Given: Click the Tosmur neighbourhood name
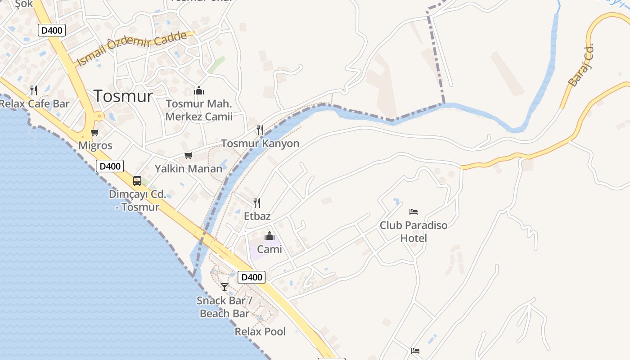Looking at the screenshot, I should click(x=123, y=96).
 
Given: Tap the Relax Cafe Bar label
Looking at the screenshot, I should click(x=34, y=104).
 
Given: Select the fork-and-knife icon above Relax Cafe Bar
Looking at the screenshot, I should click(x=33, y=90).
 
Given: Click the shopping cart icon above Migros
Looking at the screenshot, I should click(x=94, y=133).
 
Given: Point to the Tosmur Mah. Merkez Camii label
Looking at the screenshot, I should click(x=199, y=110).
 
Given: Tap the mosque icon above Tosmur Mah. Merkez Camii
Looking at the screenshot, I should click(x=198, y=91).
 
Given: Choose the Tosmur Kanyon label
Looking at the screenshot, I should click(x=260, y=144).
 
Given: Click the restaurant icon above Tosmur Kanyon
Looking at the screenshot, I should click(x=260, y=130).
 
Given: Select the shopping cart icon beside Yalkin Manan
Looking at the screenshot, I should click(x=188, y=156).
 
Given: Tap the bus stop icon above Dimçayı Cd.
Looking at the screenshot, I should click(x=137, y=181).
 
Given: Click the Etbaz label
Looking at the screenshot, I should click(x=257, y=216).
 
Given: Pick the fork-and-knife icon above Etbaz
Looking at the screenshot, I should click(x=257, y=203).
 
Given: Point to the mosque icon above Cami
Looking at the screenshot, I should click(x=270, y=236).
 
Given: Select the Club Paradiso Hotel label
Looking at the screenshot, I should click(x=414, y=231).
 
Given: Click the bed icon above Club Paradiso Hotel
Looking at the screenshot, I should click(x=414, y=211).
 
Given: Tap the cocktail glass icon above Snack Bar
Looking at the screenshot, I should click(x=224, y=287).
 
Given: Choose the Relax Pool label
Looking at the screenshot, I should click(x=260, y=332).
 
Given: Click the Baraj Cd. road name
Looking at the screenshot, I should click(x=581, y=65).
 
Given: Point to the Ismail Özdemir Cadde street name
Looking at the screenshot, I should click(x=131, y=49).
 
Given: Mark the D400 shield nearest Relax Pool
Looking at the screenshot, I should click(x=252, y=277).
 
